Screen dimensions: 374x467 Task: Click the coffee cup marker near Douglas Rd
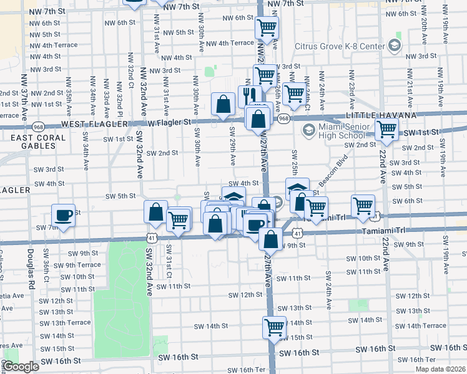coord(63,215)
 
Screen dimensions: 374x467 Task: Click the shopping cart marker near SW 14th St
coord(274,327)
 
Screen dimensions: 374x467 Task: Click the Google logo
coord(21,367)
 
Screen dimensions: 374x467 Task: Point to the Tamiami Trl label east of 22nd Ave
coord(405,230)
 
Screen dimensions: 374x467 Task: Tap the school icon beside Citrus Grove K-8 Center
coord(394,46)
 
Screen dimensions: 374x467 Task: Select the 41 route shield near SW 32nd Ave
coord(152,237)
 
